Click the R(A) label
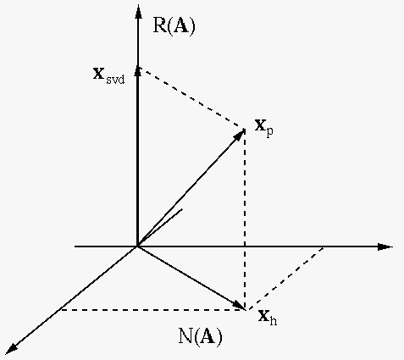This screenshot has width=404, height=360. click(174, 26)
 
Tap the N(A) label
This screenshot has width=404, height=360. click(201, 335)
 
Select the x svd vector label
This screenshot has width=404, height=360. click(108, 75)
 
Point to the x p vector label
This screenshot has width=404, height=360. click(263, 128)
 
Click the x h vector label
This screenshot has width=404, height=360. click(268, 318)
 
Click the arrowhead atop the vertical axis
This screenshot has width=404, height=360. click(138, 11)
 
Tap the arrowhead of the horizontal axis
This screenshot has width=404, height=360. click(385, 246)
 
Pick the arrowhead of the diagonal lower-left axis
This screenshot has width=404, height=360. click(12, 349)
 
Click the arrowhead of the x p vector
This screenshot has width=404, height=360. click(239, 135)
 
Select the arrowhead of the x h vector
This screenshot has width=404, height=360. click(239, 305)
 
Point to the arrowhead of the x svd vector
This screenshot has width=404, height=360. click(138, 71)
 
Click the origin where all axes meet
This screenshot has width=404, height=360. click(137, 246)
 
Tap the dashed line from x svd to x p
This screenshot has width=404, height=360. click(191, 98)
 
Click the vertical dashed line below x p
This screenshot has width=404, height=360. click(245, 219)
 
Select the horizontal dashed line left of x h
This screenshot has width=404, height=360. click(152, 310)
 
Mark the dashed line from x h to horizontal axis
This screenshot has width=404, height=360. click(285, 279)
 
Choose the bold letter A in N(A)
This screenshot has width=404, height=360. click(208, 335)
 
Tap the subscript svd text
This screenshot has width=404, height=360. click(115, 80)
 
